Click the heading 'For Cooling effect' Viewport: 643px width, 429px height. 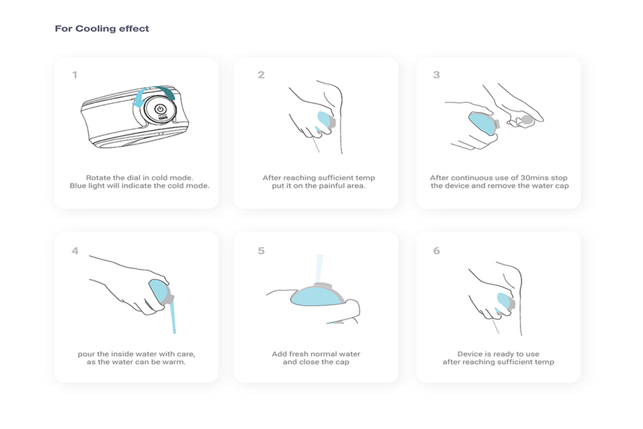pyautogui.click(x=102, y=29)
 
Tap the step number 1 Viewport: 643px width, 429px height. pyautogui.click(x=75, y=75)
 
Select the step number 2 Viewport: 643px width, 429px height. pyautogui.click(x=261, y=75)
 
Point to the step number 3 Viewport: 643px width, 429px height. pyautogui.click(x=436, y=75)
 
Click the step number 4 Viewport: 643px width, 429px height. pyautogui.click(x=75, y=251)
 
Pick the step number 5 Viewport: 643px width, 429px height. pyautogui.click(x=261, y=251)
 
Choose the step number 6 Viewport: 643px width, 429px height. pyautogui.click(x=436, y=251)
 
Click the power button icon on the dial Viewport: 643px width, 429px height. pyautogui.click(x=160, y=109)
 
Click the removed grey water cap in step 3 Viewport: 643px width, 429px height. pyautogui.click(x=527, y=120)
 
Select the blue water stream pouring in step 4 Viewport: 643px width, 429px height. pyautogui.click(x=173, y=317)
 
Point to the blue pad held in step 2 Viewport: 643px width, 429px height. pyautogui.click(x=325, y=120)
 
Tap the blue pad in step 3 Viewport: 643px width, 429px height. pyautogui.click(x=483, y=123)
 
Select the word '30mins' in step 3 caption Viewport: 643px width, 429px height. pyautogui.click(x=535, y=178)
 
